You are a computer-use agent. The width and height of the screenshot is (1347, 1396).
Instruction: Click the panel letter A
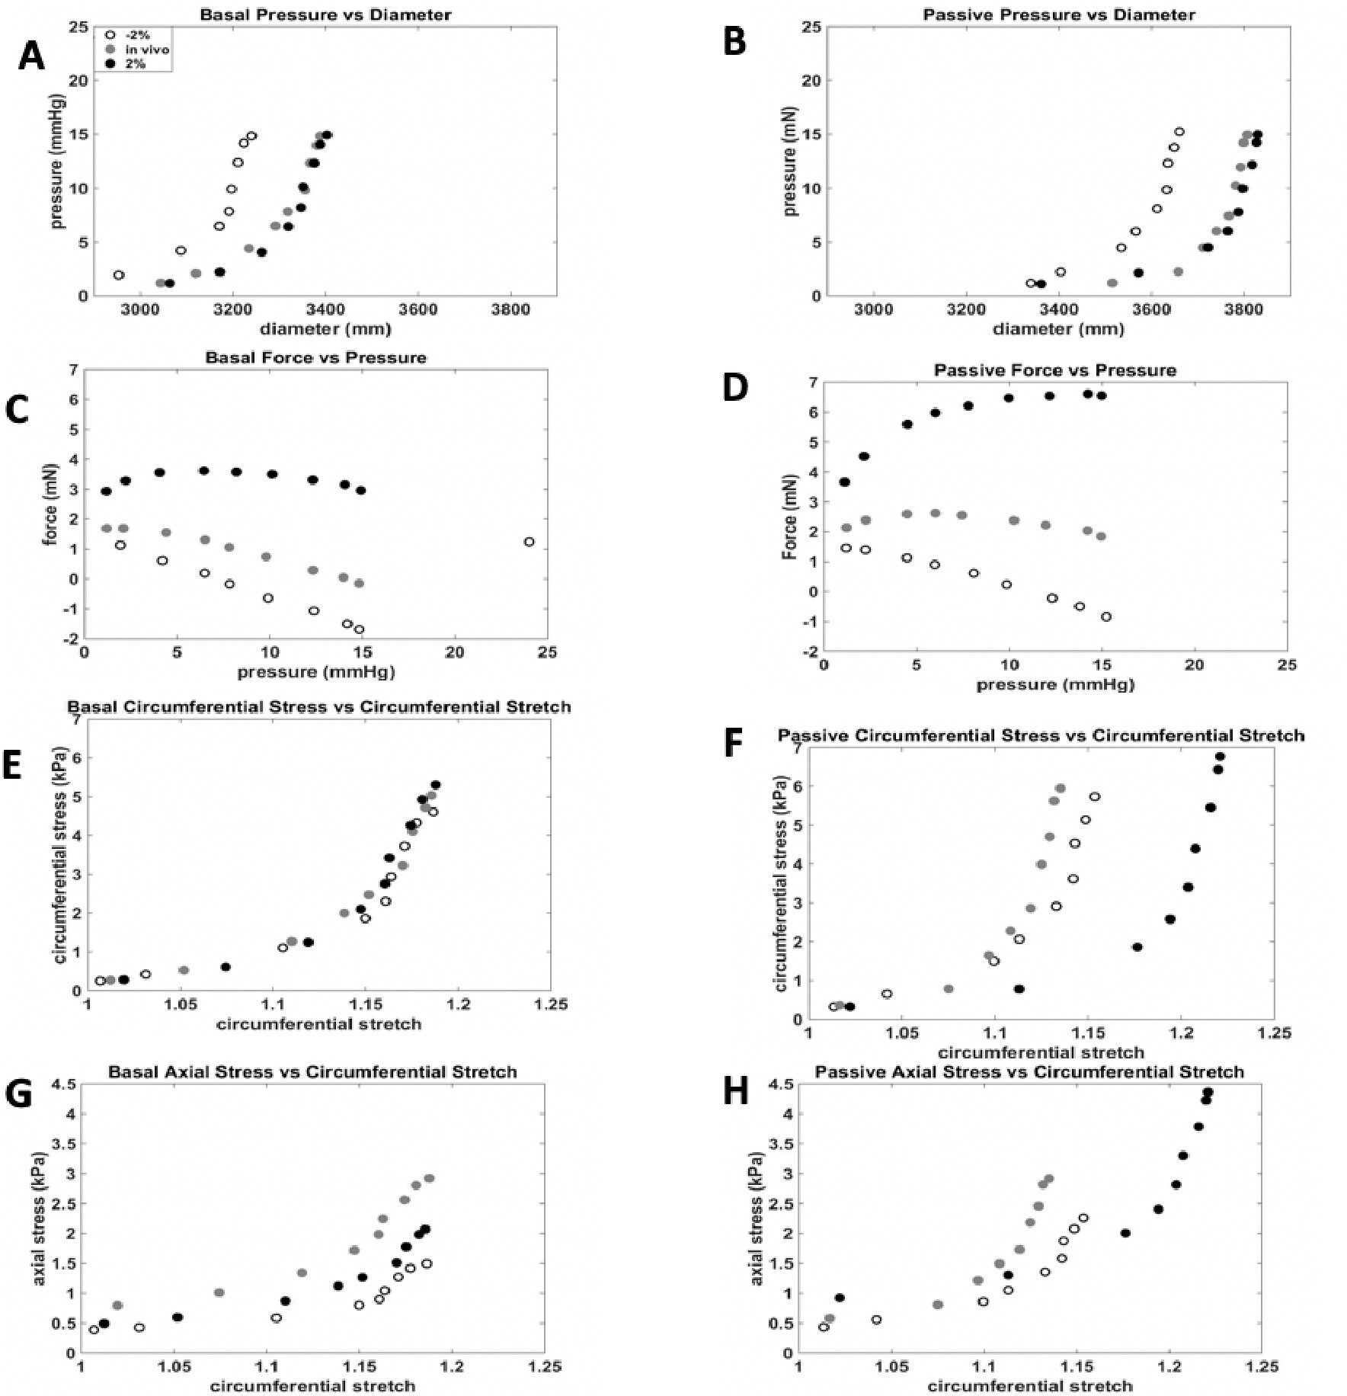pos(31,57)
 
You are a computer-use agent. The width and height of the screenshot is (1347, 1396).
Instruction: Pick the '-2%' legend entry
pos(134,35)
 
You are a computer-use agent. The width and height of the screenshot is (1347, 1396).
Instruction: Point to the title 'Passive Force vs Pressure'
pos(1055,370)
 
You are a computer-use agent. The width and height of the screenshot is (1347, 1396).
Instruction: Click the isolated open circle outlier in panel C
pos(529,542)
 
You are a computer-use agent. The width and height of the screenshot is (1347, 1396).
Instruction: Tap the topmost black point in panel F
pos(1220,757)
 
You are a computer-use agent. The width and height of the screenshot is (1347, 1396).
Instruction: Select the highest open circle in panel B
pos(1179,132)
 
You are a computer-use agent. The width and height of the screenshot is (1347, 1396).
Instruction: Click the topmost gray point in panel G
pos(429,1178)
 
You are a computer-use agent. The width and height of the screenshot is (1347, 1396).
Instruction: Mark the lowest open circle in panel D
pos(1106,617)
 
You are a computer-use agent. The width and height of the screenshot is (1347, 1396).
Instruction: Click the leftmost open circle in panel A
pos(119,275)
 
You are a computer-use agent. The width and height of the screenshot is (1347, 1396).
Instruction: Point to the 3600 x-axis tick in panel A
pos(418,310)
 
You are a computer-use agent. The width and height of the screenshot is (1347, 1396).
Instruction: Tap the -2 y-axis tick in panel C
pos(74,639)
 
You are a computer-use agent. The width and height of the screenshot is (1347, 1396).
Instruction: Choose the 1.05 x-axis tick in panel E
pos(181,1004)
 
